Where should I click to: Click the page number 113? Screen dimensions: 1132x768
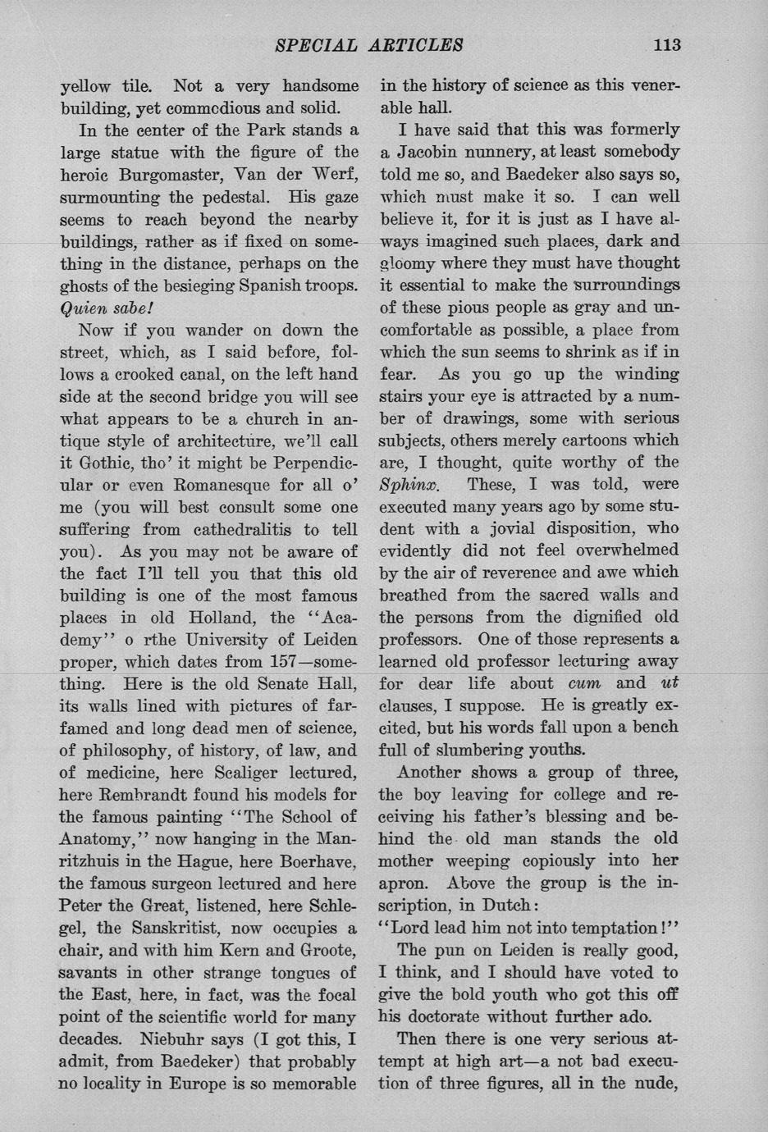(x=667, y=44)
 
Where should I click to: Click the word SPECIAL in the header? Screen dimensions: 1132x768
(x=315, y=44)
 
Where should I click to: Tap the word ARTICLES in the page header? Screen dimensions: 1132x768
(x=418, y=44)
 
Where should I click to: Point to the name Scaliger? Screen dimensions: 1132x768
(x=214, y=773)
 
